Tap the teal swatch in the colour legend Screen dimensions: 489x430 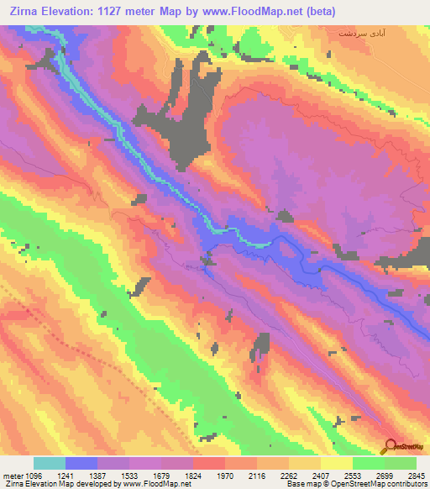[49, 463]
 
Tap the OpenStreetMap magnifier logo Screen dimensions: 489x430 [390, 445]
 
